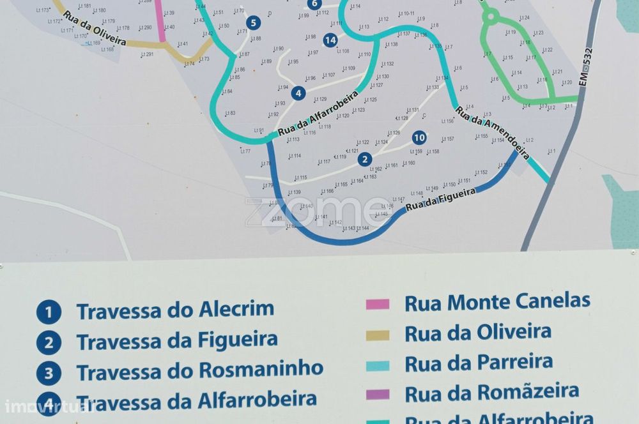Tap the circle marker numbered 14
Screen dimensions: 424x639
[x=330, y=40]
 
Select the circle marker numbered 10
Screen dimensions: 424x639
[x=419, y=137]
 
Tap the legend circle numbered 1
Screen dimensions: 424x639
[x=49, y=313]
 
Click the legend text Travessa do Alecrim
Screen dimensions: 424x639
[x=175, y=310]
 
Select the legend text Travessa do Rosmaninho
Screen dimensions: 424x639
[x=199, y=370]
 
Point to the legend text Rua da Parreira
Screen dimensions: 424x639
[x=478, y=362]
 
